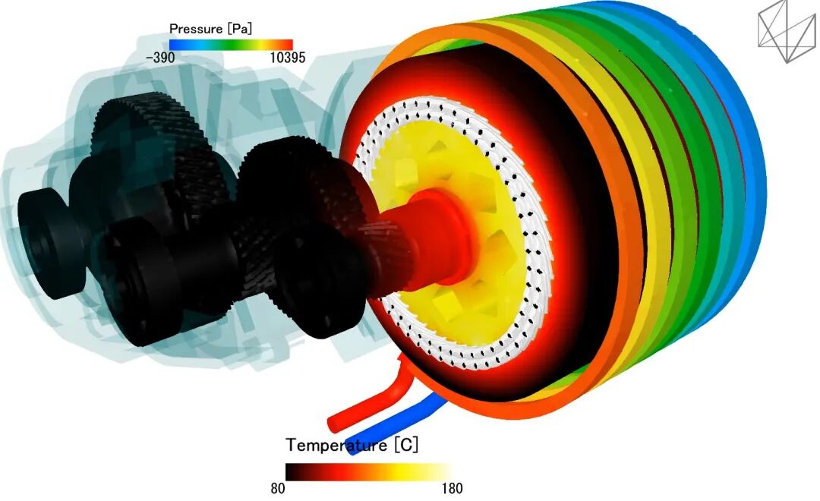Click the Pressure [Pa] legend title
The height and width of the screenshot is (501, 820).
click(x=210, y=29)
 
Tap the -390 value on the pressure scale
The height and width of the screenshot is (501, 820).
click(x=160, y=58)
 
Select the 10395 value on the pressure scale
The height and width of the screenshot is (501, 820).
click(x=288, y=58)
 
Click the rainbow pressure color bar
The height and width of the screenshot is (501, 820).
click(x=231, y=45)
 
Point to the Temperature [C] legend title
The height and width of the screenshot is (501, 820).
click(x=352, y=445)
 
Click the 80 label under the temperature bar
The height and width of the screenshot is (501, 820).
click(x=278, y=488)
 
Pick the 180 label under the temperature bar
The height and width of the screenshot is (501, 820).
click(x=452, y=488)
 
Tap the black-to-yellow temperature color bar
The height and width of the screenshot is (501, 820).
click(x=369, y=471)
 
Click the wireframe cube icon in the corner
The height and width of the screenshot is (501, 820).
click(x=787, y=31)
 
